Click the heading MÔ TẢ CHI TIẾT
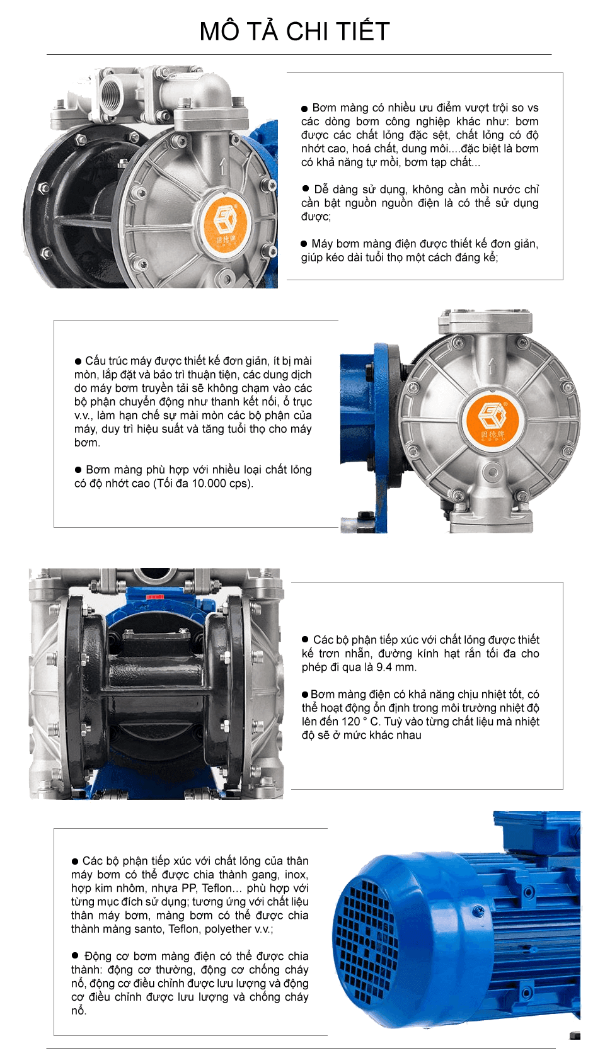point(294,31)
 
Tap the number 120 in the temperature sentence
point(350,721)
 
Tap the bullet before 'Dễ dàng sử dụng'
point(305,189)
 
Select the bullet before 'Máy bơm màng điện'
point(304,244)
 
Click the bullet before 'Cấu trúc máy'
point(78,361)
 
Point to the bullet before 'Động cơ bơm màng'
point(75,955)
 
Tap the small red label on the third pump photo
point(155,597)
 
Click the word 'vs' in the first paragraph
point(533,108)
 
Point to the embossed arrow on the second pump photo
point(492,366)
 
